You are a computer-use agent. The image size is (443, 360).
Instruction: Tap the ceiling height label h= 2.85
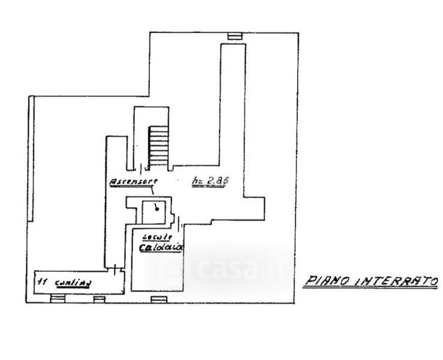coord(207,180)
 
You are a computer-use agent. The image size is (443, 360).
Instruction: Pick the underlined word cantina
coord(70,282)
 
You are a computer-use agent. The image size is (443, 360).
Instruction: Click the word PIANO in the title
coord(327,280)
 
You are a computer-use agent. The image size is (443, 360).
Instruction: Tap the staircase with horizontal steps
coord(159,146)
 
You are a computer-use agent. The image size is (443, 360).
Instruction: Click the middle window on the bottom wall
coord(100,298)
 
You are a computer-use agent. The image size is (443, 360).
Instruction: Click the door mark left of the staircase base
coord(142,170)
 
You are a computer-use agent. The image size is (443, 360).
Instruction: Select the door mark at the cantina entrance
coord(114,269)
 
